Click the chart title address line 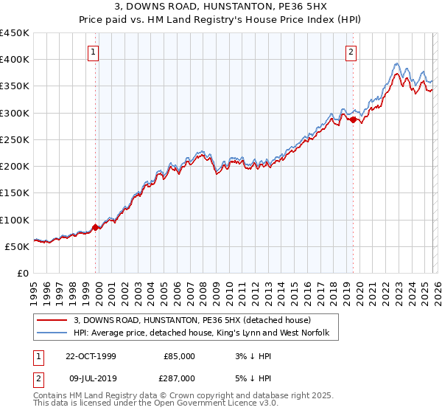coord(221,8)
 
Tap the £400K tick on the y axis coord(15,60)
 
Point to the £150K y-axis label coord(15,193)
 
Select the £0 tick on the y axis coord(24,273)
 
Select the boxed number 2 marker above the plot coord(351,52)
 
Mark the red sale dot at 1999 coord(96,227)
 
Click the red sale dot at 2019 coord(353,119)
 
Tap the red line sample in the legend coord(52,320)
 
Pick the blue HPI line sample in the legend coord(52,333)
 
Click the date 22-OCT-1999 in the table coord(91,355)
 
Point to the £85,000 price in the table coord(179,355)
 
